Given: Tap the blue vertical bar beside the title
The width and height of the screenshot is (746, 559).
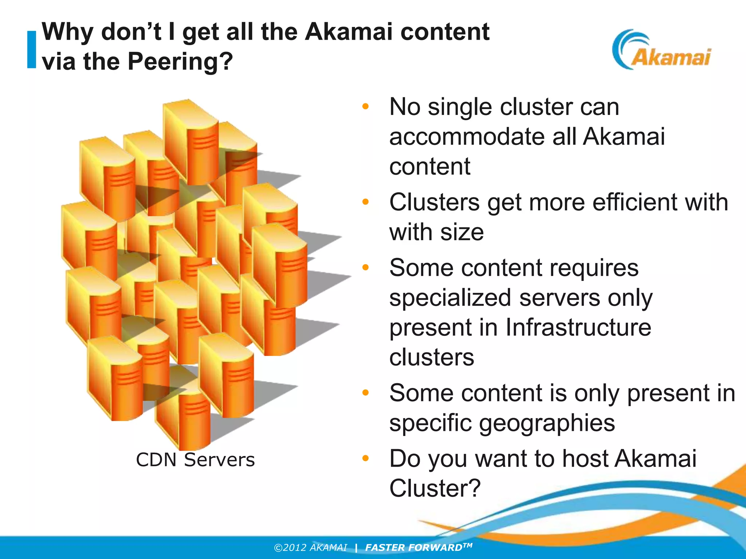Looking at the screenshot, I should pos(32,49).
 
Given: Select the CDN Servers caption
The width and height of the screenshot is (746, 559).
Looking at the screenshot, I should pos(195,460).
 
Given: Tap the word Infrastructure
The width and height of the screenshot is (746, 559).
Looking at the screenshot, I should pos(578,328).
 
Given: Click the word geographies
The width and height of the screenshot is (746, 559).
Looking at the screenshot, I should pos(547,423).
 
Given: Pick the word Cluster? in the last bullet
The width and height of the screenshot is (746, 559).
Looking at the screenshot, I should pos(435,488).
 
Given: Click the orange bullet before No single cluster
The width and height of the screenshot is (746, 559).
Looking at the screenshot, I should pos(365,107).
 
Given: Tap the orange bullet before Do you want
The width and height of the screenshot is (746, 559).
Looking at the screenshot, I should pos(365,458).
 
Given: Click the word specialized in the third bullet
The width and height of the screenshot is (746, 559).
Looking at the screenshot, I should pos(450,298).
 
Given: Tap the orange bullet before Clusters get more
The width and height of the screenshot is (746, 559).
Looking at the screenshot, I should pos(365,202).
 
